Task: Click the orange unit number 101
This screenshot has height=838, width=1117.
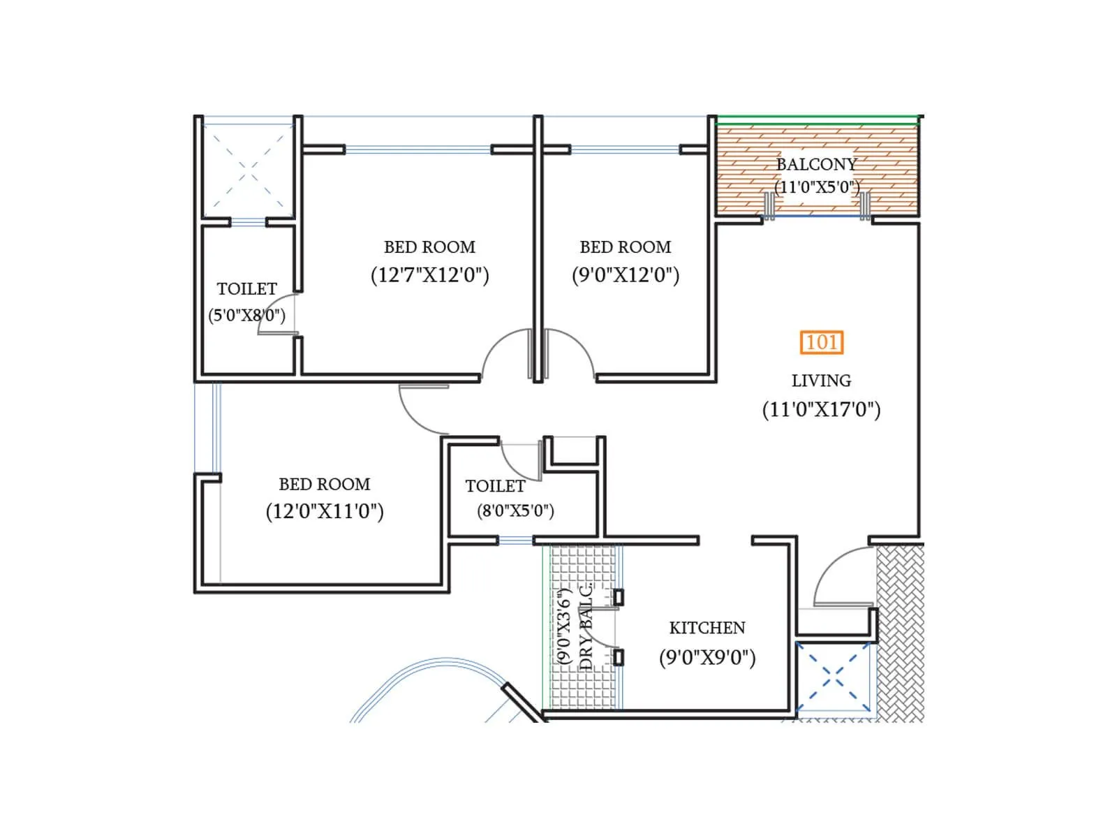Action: [822, 342]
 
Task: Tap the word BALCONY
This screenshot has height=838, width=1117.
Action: [816, 165]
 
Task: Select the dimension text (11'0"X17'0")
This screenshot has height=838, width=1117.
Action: [821, 409]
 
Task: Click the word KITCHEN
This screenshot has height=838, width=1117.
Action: [707, 628]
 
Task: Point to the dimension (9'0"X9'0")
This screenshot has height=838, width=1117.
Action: [707, 657]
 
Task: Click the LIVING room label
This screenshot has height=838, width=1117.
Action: [821, 381]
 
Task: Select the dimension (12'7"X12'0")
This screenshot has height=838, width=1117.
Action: [429, 274]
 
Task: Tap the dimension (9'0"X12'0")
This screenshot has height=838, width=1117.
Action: [626, 274]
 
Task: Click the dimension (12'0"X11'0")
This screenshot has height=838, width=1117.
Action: [325, 511]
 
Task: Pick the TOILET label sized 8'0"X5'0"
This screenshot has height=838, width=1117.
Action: [495, 486]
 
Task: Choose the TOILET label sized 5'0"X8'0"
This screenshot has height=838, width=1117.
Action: [246, 289]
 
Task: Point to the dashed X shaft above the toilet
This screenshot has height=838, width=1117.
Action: [247, 170]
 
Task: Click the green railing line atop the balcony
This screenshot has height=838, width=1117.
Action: [817, 124]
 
